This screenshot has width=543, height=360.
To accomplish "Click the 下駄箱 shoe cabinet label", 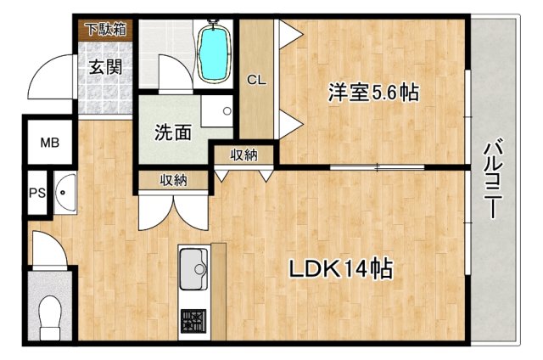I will click(x=104, y=29).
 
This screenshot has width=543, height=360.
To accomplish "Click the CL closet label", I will click(x=256, y=80).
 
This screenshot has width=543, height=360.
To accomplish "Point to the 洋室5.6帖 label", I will click(x=374, y=93).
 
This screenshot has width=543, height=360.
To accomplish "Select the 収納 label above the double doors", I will click(x=173, y=180).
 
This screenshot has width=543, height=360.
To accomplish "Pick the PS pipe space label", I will click(x=37, y=192).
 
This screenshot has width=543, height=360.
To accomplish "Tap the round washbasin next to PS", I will click(x=64, y=193).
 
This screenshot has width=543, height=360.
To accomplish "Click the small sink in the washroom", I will click(x=225, y=110).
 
